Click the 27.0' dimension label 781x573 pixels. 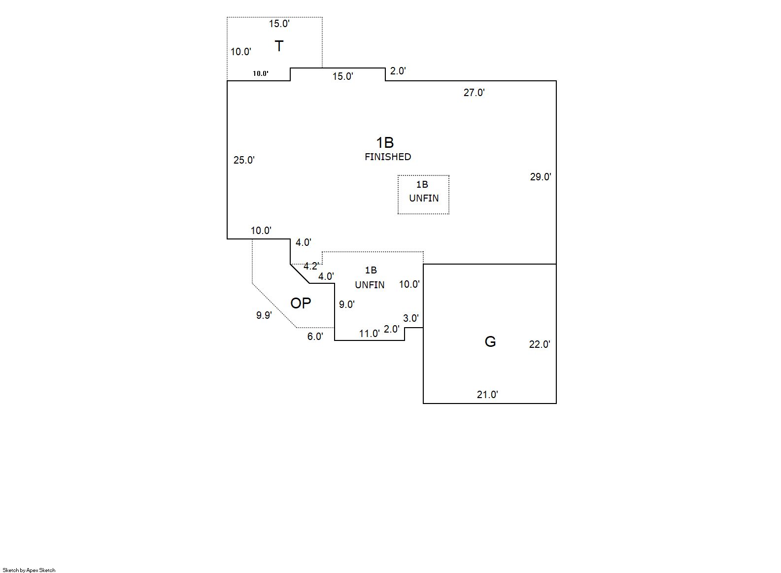point(474,93)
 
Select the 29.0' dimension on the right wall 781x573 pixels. point(541,177)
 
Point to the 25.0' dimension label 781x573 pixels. point(244,160)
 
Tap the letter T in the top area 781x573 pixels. point(279,46)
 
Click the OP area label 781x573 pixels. point(301,303)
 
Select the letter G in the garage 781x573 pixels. point(490,341)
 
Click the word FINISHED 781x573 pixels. point(388,157)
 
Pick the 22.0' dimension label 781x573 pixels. point(540,344)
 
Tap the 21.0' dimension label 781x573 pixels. point(487,395)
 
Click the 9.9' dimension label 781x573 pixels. point(264,315)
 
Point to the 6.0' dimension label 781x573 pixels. point(315,337)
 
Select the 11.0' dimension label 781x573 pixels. point(369,334)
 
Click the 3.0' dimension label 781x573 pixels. point(410,318)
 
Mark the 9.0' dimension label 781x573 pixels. point(346,304)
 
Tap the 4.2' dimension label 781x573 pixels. point(311,266)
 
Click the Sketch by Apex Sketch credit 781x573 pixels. point(29,570)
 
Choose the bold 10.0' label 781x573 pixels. point(261,73)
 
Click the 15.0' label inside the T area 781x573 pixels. point(279,24)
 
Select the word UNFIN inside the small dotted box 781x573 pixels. point(424,198)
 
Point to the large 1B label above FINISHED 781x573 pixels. point(385,142)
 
